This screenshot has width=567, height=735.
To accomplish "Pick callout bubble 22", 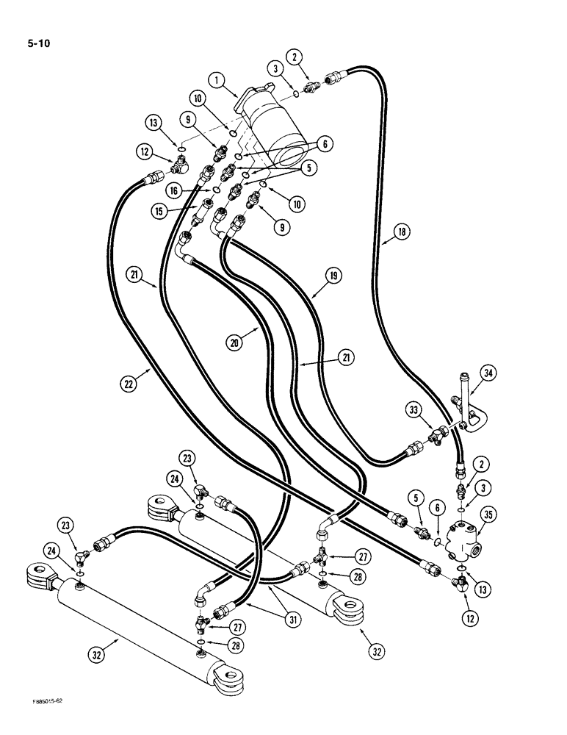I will (129, 382).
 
